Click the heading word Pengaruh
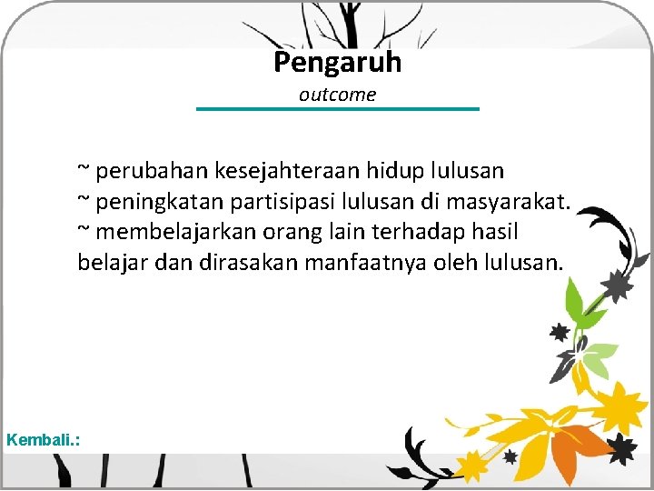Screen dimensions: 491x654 [337, 63]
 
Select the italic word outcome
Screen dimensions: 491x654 [337, 95]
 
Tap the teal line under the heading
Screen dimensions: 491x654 [338, 109]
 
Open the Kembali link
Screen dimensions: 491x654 [43, 440]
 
